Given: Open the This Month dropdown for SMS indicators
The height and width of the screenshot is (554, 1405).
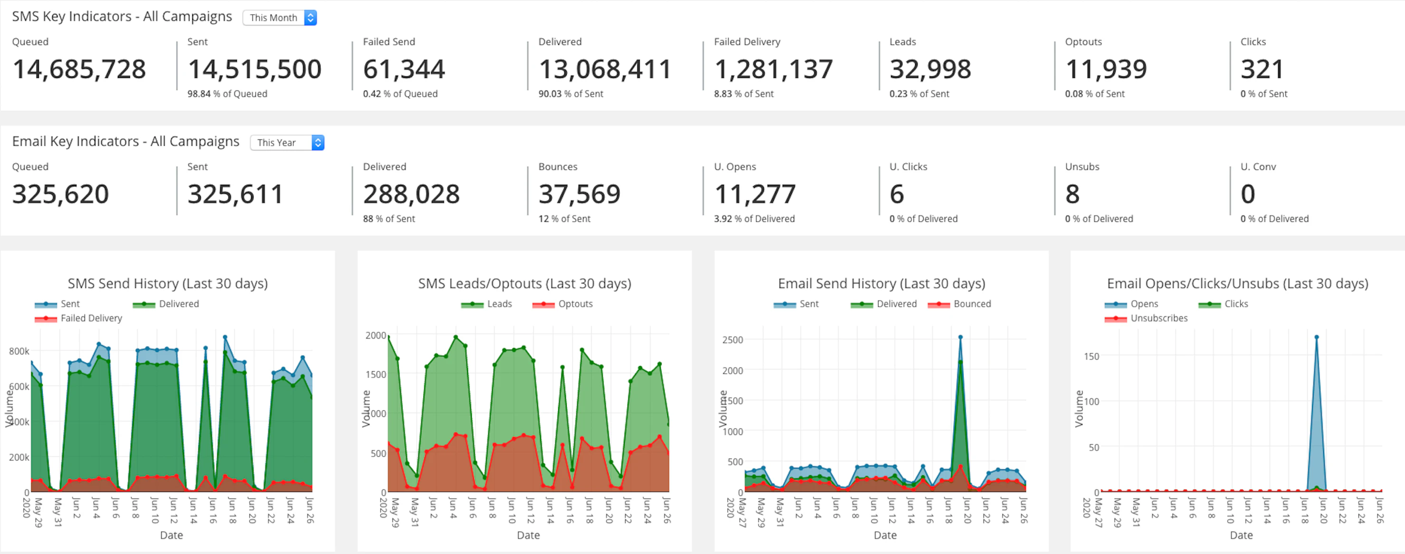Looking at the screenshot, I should pos(279,18).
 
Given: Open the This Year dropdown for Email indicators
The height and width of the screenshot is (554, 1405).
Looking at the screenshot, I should pos(287,142).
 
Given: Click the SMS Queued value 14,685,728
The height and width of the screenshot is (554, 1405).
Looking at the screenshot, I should pos(79,69).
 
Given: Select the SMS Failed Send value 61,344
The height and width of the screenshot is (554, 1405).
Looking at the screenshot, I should pos(404,69).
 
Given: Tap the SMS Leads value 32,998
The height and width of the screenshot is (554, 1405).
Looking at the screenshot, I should pos(930,69).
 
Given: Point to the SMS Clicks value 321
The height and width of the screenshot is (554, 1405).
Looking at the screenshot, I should pos(1262,69).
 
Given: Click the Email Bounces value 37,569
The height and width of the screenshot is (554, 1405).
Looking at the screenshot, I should pos(579,194).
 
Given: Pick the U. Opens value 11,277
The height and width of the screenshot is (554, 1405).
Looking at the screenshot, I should pos(755,194).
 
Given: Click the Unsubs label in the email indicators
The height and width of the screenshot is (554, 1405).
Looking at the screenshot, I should pos(1082,167).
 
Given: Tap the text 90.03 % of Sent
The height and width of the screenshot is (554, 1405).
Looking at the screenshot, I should pos(571,94).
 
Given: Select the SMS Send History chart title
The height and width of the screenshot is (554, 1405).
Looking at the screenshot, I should pos(168,284).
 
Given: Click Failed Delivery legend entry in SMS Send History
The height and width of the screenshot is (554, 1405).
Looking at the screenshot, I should pos(91,318).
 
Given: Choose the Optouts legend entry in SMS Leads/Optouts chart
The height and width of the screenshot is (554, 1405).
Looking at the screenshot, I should pos(575,304).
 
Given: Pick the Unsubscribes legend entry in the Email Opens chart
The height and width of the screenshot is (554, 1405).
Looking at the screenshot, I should pos(1159,318).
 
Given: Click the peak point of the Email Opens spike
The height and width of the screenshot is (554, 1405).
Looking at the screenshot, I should pos(1316,337).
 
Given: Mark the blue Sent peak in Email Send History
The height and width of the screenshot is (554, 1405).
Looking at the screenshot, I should pos(960,337).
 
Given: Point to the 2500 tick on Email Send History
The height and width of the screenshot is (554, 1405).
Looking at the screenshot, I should pos(732,340).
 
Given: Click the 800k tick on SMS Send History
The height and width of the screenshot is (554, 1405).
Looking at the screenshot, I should pos(19,351).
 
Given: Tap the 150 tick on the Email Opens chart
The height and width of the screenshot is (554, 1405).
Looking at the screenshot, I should pos(1091,357).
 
